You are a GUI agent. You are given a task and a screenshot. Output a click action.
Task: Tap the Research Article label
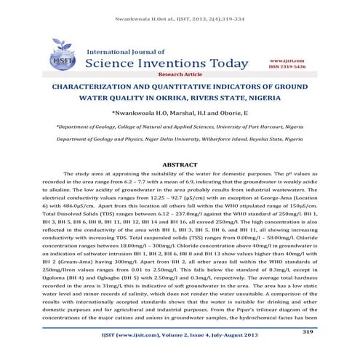pyautogui.click(x=180, y=74)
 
